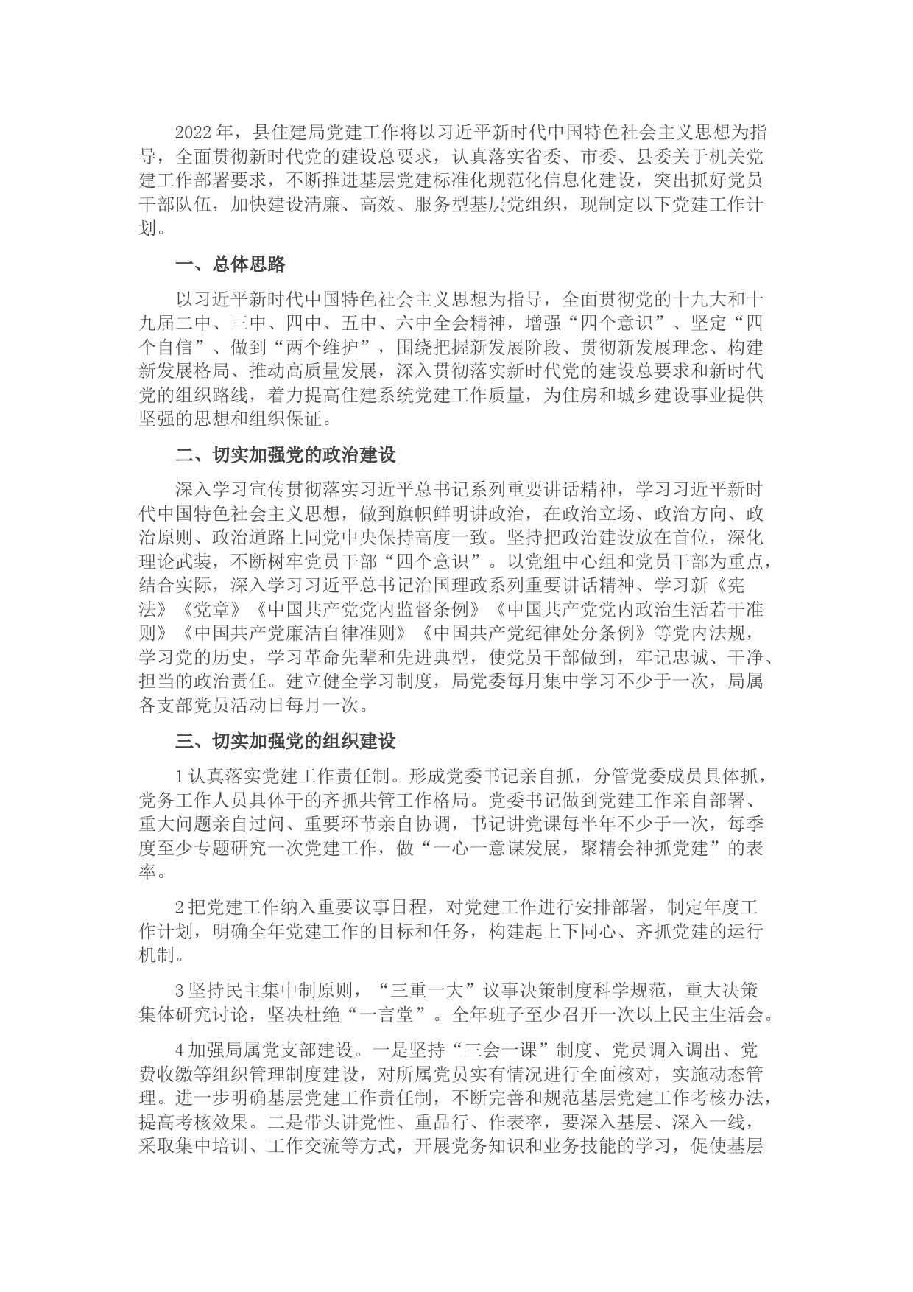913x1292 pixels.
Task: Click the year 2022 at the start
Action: tap(194, 133)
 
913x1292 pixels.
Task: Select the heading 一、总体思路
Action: tap(230, 264)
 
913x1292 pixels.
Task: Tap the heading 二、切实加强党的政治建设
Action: tap(286, 454)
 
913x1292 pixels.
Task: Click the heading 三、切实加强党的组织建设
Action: tap(286, 740)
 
